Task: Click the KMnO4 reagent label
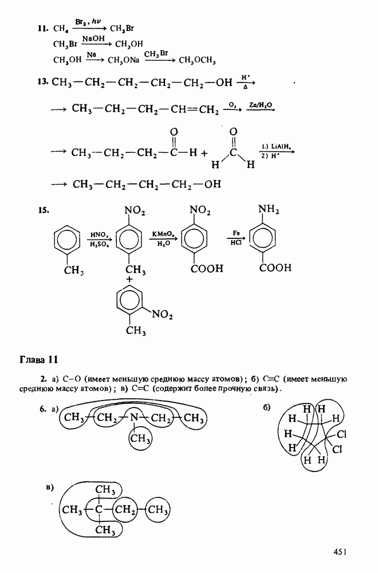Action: click(163, 234)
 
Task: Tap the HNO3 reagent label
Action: click(100, 234)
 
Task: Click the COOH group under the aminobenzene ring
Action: click(275, 267)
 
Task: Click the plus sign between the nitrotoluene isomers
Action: click(130, 279)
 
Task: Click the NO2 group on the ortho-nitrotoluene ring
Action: click(163, 313)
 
